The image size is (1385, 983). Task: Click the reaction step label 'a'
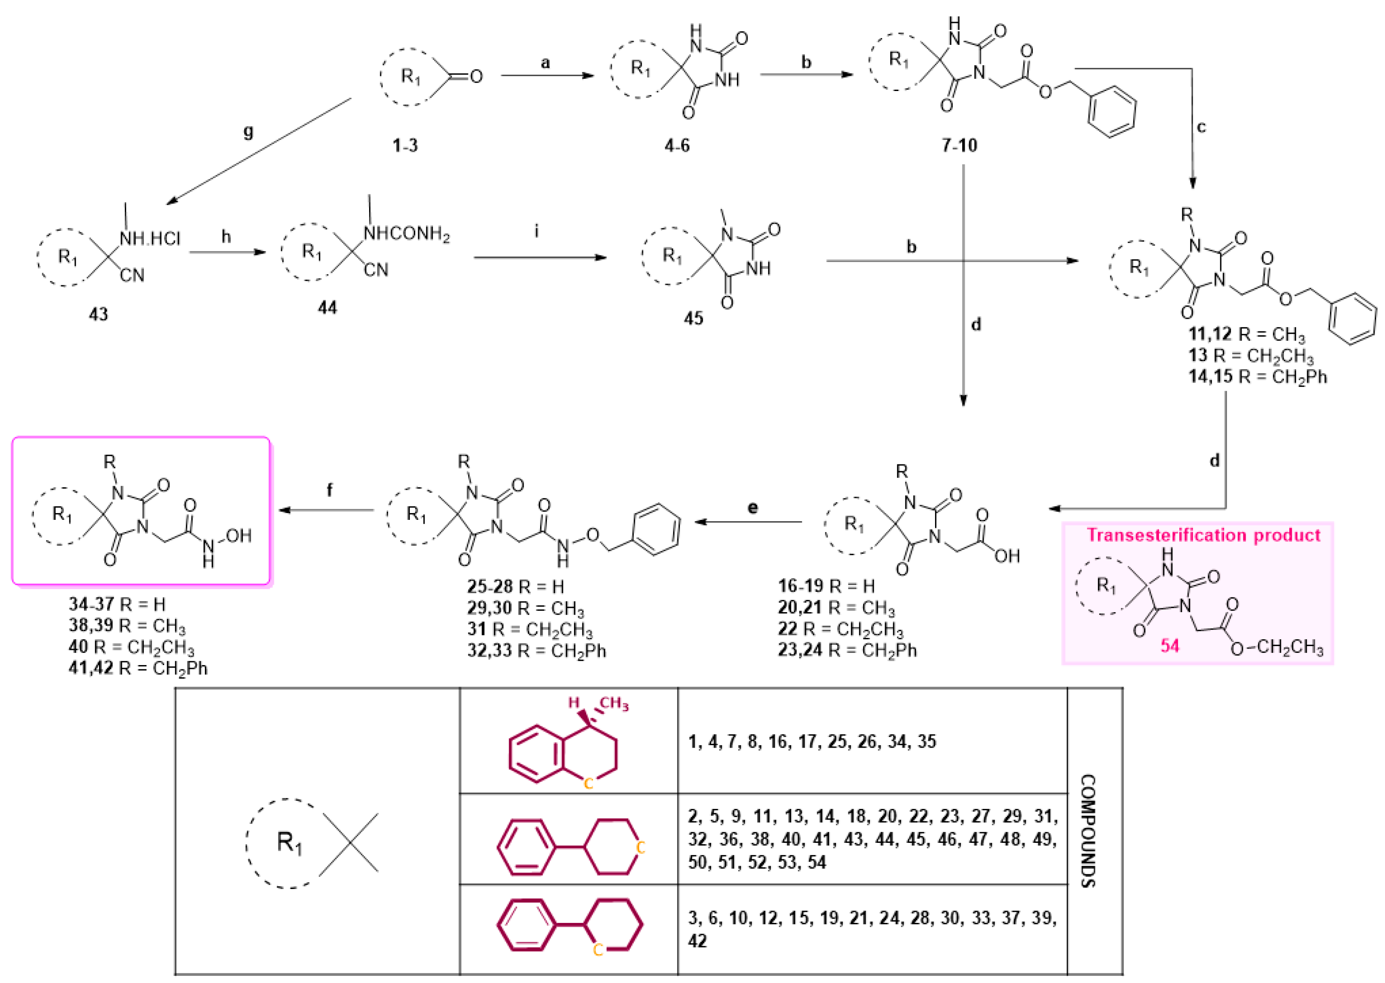[545, 62]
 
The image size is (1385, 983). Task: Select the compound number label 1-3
[405, 145]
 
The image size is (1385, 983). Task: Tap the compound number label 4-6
[676, 145]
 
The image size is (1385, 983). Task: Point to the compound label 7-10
[959, 145]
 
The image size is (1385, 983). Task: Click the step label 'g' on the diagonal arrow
[248, 132]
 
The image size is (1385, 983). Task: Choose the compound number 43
[98, 314]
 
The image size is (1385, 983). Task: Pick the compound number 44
[327, 307]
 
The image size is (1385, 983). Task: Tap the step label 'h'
[226, 236]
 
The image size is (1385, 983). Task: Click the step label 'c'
[1201, 127]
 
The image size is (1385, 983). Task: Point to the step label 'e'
[752, 507]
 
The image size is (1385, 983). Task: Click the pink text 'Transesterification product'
[1203, 535]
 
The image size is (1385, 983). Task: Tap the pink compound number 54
[1170, 646]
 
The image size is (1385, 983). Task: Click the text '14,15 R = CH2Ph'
[1257, 376]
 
